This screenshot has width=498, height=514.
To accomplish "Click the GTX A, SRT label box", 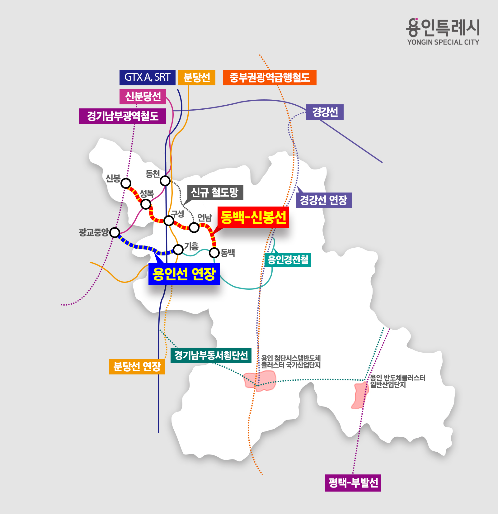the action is point(147,78).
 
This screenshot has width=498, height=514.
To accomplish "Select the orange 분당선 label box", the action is point(196,78).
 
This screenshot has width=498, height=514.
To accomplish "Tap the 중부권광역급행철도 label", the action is point(270,78).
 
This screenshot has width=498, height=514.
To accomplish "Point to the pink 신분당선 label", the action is point(143,97).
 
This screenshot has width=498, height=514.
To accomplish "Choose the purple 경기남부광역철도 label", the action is point(122,116).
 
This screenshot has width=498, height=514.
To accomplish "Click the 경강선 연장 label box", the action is point(323,200).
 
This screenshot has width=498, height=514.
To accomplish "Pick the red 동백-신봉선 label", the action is point(253,217).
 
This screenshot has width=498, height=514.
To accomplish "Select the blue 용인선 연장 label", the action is point(184,274).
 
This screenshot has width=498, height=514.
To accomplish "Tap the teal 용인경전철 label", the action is point(288,259).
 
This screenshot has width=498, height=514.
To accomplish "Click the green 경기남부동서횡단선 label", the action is point(211,355).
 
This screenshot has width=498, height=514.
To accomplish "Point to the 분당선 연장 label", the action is point(137,367).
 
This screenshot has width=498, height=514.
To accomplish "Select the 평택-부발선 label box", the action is point(353,483).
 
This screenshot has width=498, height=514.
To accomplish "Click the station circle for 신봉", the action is point(126,183).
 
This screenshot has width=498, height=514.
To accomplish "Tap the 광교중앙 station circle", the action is point(115,232).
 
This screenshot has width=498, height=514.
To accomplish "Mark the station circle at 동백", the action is point(214,253).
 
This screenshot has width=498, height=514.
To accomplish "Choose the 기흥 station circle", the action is point(178,249).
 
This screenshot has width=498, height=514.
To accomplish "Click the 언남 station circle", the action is point(194,227).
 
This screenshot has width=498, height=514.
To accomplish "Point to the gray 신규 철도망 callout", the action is point(215,193).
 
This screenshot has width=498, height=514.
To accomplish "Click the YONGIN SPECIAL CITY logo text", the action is point(443,42).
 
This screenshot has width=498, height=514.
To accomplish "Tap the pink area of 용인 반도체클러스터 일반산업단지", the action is point(360,395).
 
